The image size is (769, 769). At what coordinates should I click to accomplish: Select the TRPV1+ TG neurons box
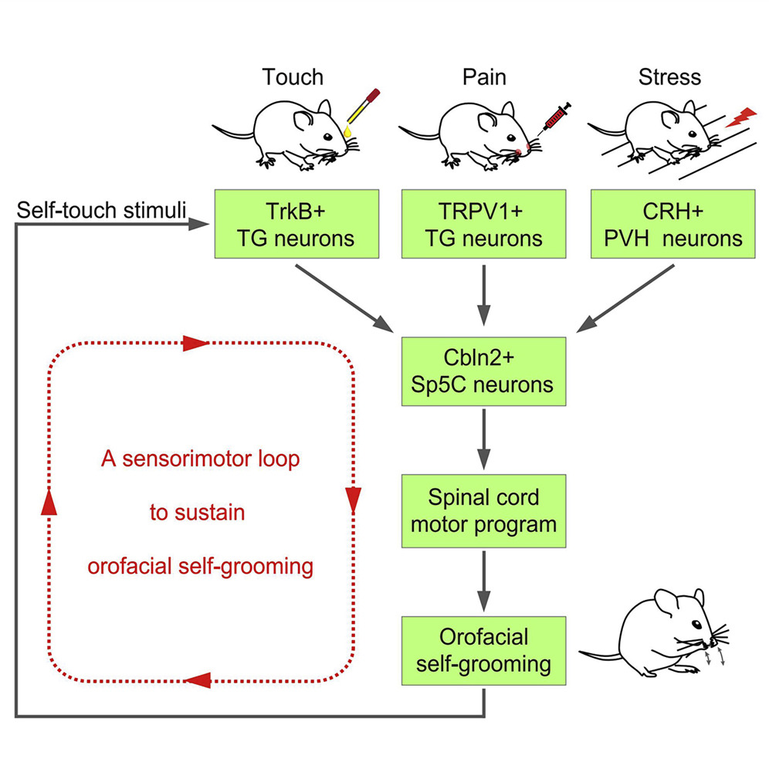click(483, 225)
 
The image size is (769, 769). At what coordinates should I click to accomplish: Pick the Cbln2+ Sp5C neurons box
click(483, 370)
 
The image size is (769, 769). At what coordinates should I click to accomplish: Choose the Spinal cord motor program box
click(483, 511)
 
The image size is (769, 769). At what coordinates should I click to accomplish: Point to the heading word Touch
click(293, 77)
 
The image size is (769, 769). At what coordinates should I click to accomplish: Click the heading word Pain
click(483, 77)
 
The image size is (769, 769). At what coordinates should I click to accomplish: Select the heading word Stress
click(669, 77)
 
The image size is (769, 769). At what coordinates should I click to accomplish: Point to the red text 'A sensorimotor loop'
click(200, 460)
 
